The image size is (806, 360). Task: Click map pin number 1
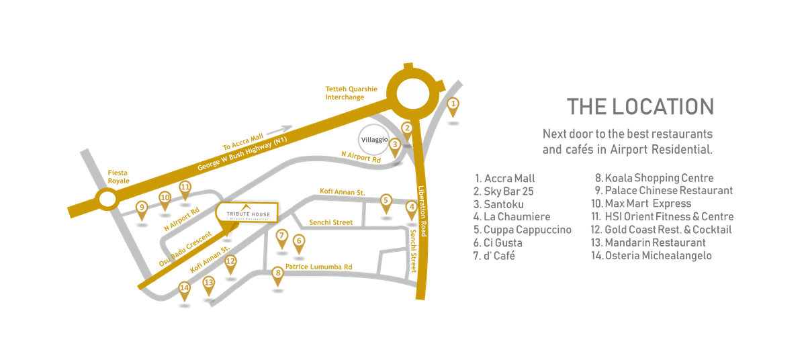pyautogui.click(x=453, y=104)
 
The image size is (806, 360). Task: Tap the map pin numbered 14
pyautogui.click(x=184, y=289)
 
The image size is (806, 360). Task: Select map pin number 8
pyautogui.click(x=278, y=273)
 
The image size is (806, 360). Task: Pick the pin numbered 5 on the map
pyautogui.click(x=386, y=200)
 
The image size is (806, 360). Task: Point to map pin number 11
pyautogui.click(x=185, y=187)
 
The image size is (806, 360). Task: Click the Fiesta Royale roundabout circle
pyautogui.click(x=107, y=199)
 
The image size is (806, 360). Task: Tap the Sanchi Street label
pyautogui.click(x=330, y=222)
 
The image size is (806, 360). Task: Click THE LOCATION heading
pyautogui.click(x=639, y=107)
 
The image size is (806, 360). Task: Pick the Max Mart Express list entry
pyautogui.click(x=641, y=204)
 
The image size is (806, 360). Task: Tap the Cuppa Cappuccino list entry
pyautogui.click(x=523, y=230)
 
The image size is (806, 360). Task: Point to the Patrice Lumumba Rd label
pyautogui.click(x=318, y=267)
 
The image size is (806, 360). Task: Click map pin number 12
pyautogui.click(x=230, y=262)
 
